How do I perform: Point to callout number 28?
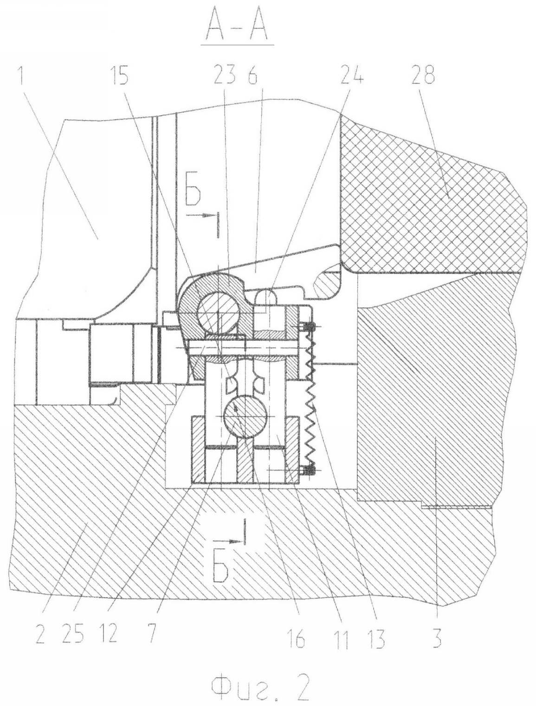423,75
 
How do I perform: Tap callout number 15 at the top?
119,75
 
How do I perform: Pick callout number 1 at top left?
22,75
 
